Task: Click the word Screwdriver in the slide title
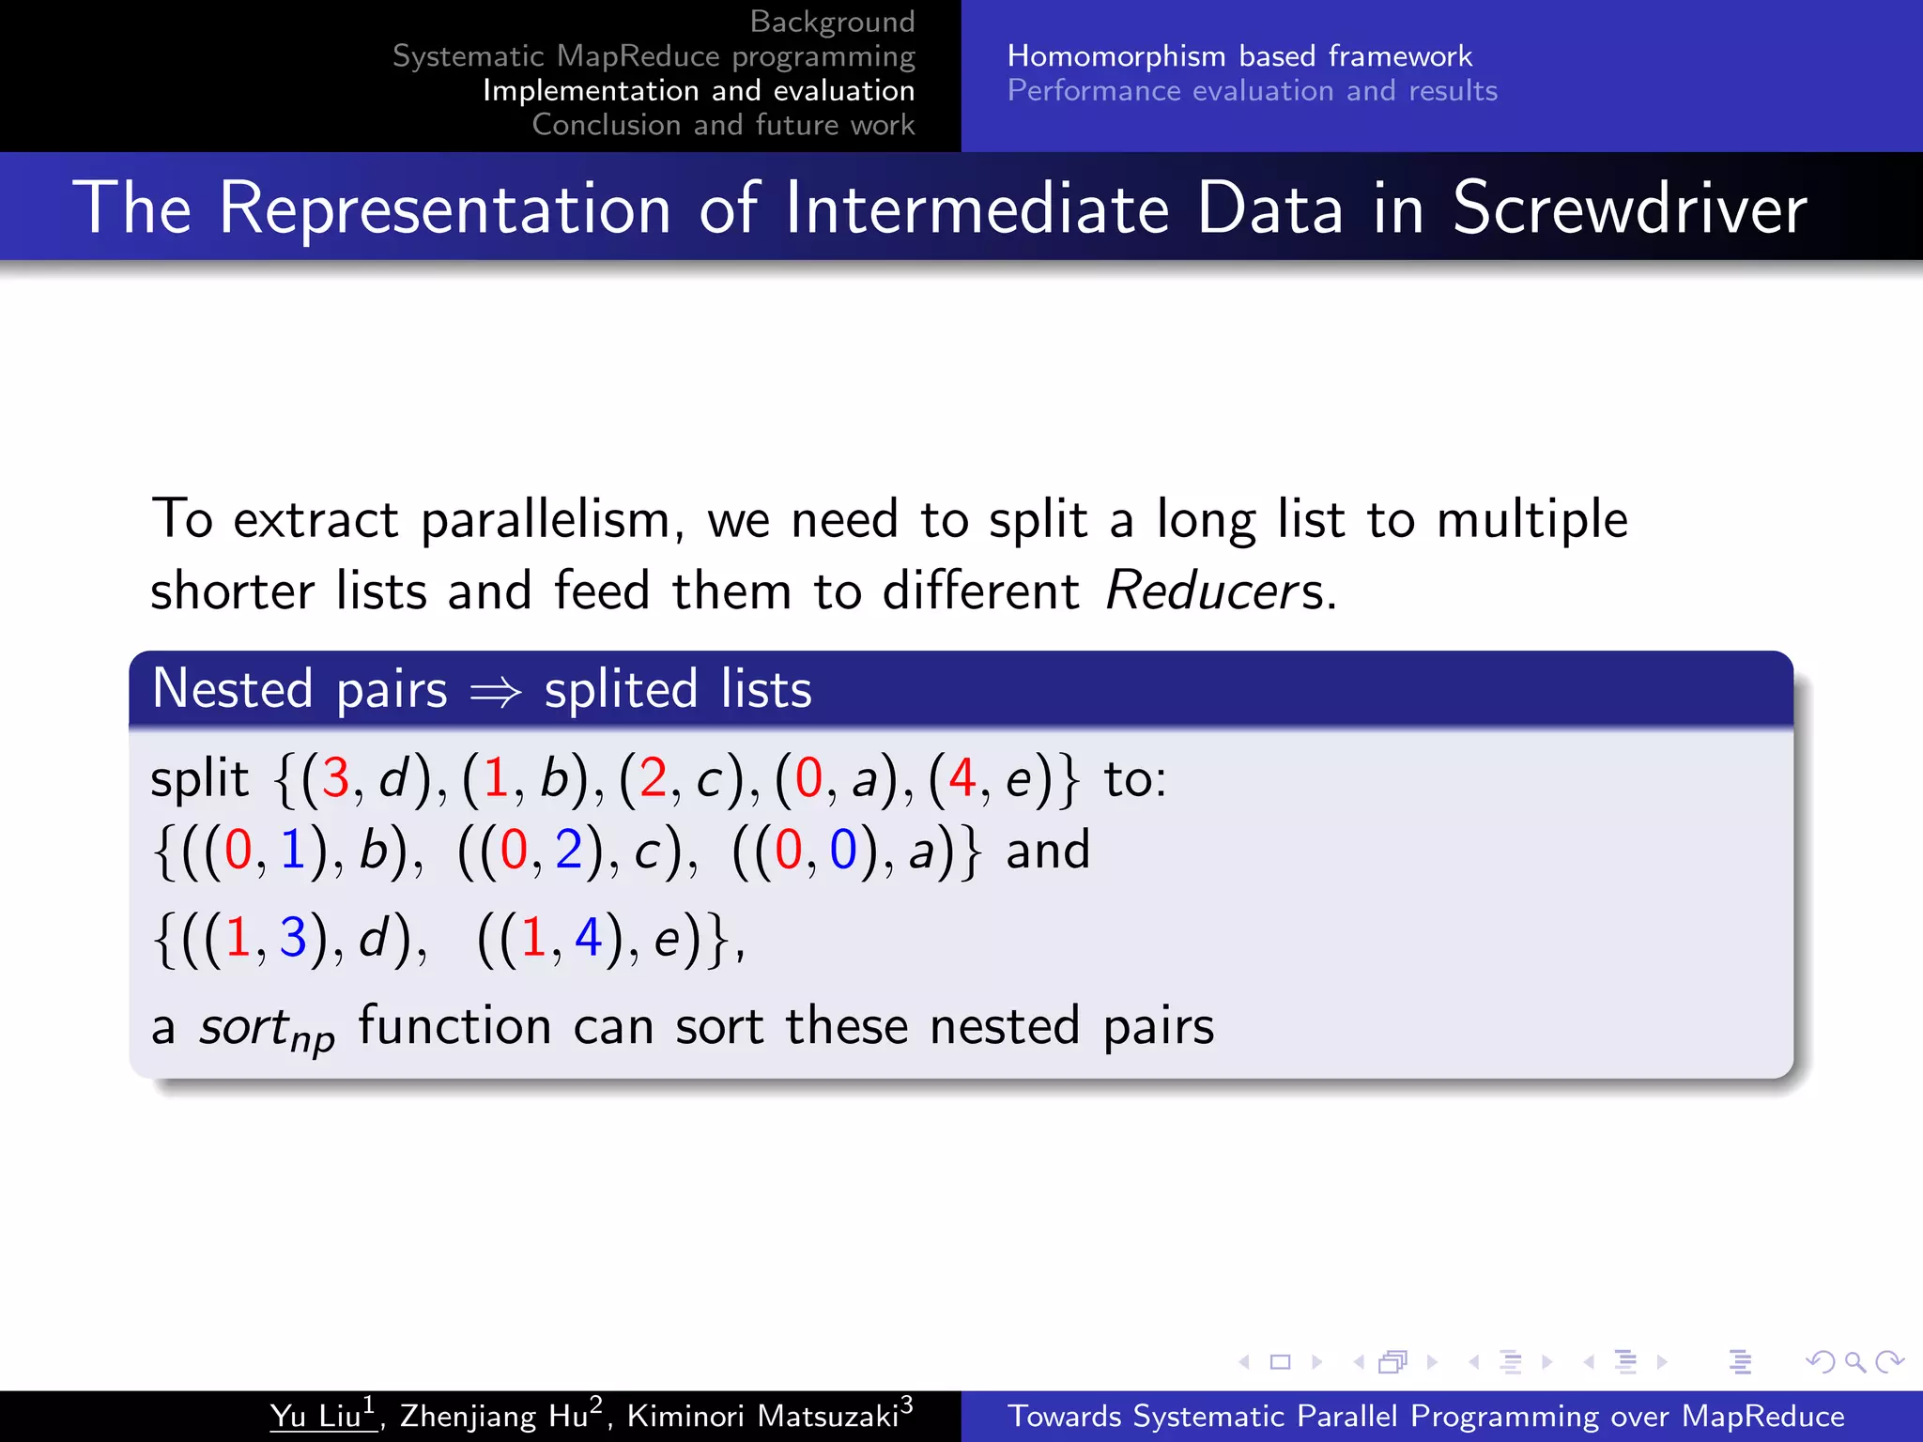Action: (x=1628, y=207)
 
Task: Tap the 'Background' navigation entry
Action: (x=832, y=22)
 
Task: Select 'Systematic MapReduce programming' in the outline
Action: (x=654, y=56)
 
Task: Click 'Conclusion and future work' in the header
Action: (x=723, y=125)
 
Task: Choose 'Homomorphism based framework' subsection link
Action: (x=1239, y=56)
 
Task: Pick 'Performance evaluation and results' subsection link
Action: (x=1253, y=91)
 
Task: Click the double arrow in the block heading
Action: (x=496, y=693)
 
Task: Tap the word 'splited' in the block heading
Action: (x=621, y=689)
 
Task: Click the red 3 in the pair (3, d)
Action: (x=335, y=778)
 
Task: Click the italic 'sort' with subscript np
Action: (x=265, y=1028)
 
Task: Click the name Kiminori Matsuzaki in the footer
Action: (x=762, y=1416)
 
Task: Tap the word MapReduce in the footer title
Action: (x=1762, y=1416)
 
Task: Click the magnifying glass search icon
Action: (x=1854, y=1361)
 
